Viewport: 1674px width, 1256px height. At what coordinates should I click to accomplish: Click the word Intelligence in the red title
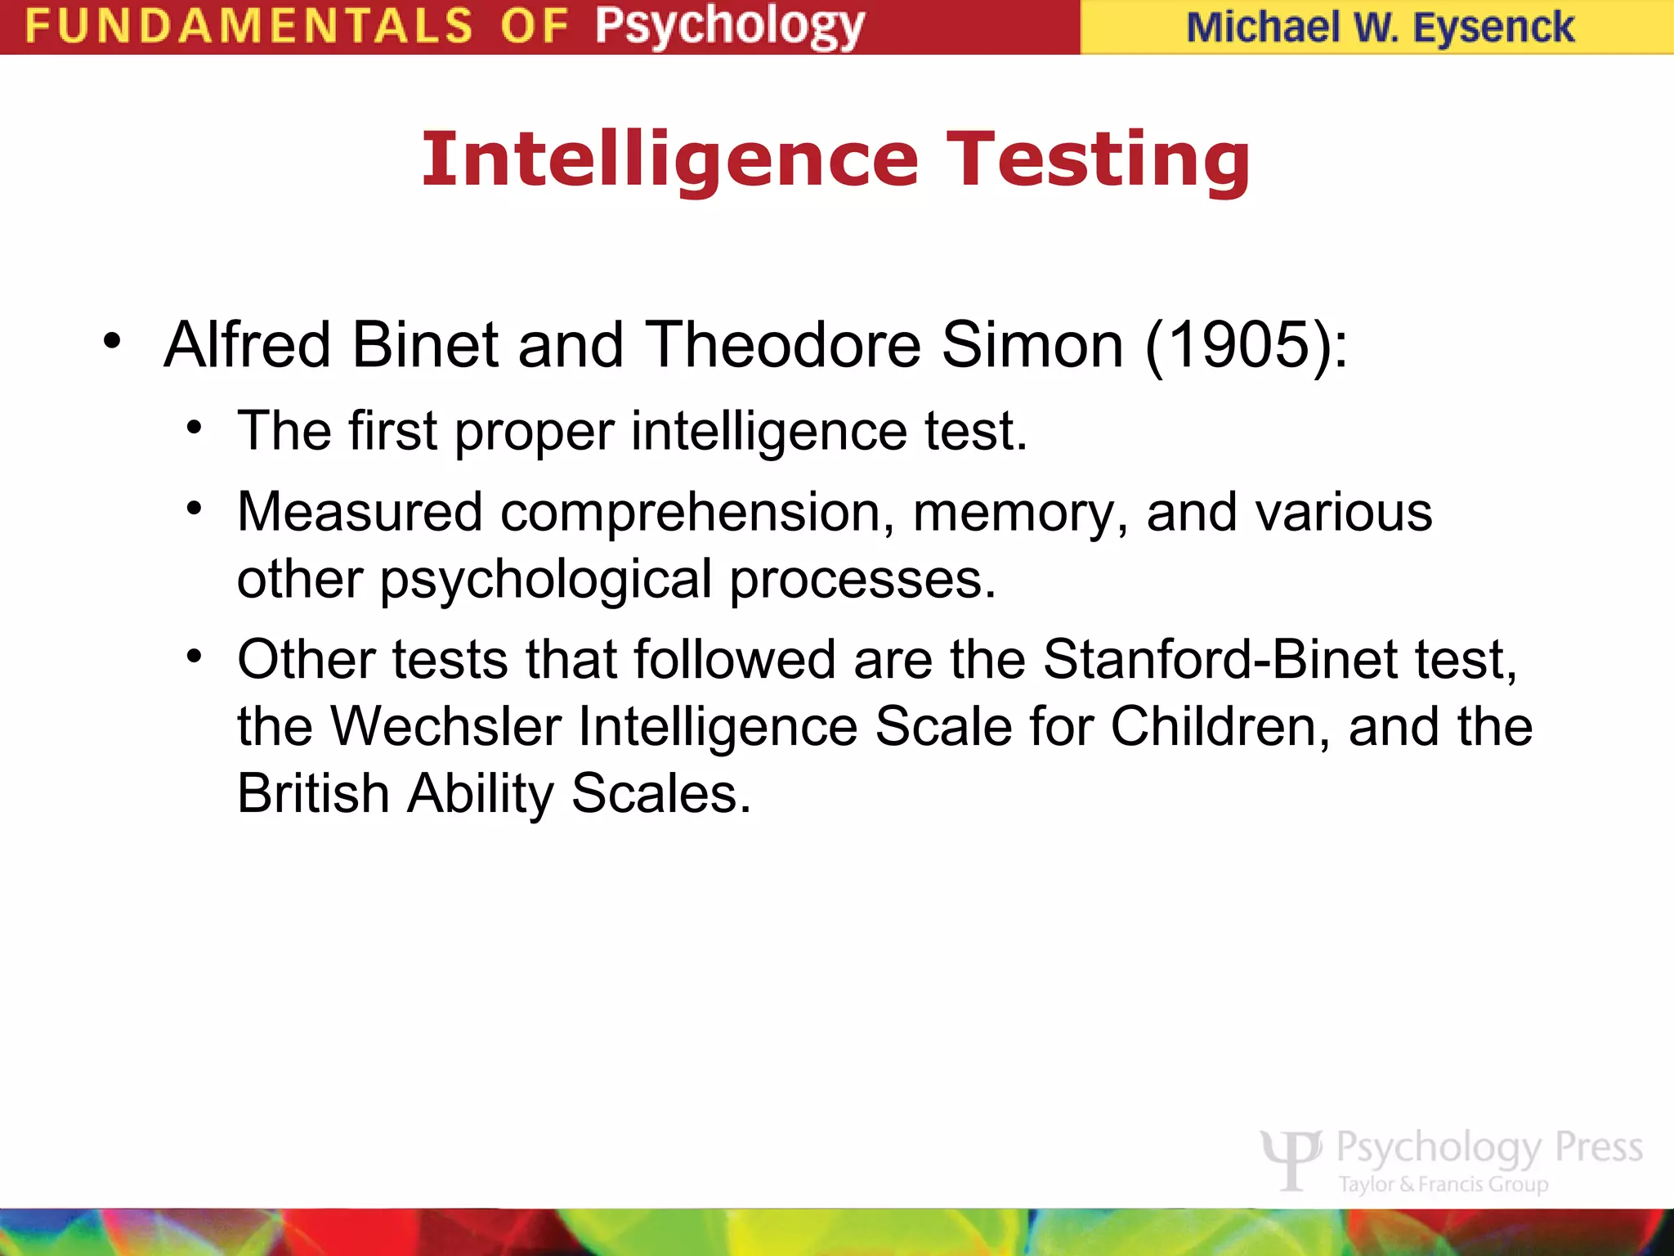[670, 160]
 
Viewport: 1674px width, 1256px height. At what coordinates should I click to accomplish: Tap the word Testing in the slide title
[1099, 160]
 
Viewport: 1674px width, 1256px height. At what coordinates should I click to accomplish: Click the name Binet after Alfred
[424, 346]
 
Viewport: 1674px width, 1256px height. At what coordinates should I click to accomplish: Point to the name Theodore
[783, 346]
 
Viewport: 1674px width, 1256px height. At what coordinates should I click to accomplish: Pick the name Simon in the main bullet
[1032, 346]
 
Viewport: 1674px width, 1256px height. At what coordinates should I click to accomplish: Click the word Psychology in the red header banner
[729, 27]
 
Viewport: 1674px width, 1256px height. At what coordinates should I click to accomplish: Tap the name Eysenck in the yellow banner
[1493, 28]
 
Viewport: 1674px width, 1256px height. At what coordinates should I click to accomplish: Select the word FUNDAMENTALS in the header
[248, 26]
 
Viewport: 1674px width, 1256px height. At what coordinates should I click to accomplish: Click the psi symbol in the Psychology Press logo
[1291, 1159]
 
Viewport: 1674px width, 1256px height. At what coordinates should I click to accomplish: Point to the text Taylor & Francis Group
[1443, 1184]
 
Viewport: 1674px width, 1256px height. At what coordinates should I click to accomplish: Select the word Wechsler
[446, 726]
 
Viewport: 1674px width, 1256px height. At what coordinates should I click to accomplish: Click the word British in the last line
[313, 793]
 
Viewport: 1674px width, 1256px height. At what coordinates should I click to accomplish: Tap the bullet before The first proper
[194, 428]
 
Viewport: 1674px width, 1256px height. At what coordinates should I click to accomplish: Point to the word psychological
[546, 581]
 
